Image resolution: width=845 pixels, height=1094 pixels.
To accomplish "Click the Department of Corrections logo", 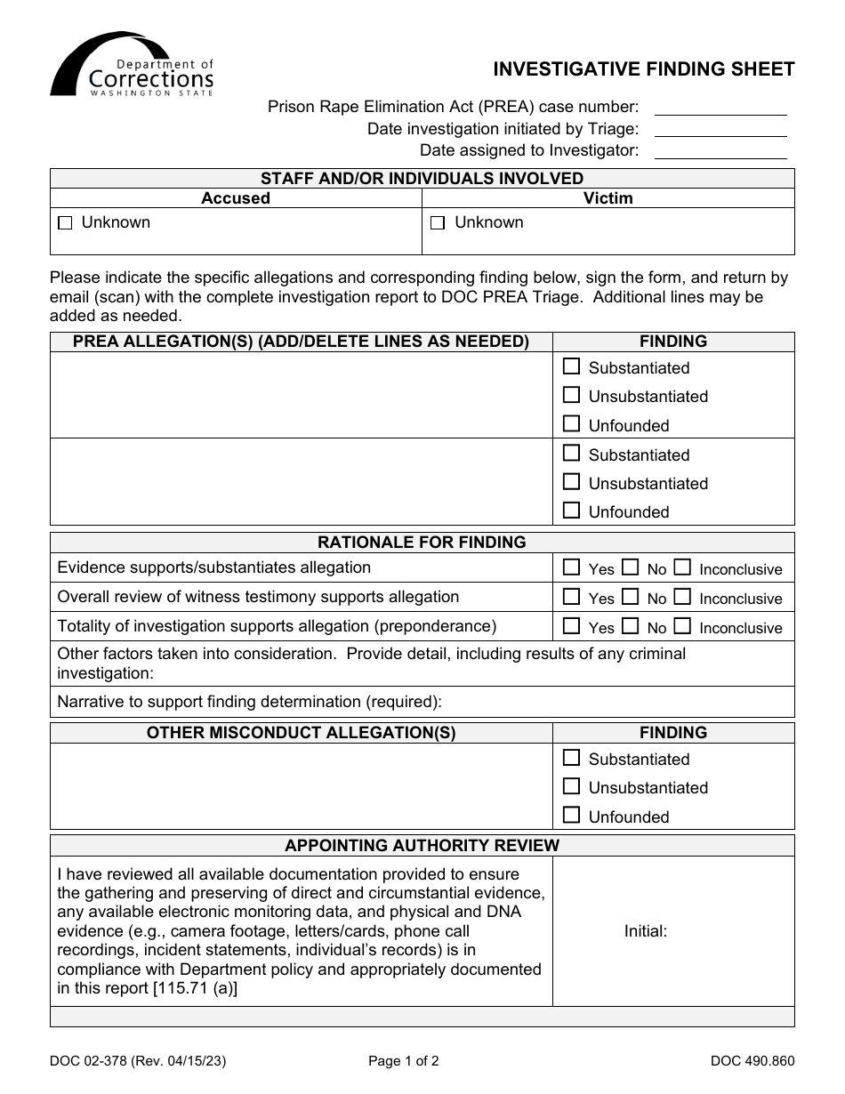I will tap(132, 65).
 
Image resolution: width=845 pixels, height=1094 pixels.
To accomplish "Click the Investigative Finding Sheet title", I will tap(644, 69).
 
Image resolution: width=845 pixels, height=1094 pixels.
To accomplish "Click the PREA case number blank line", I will tap(720, 109).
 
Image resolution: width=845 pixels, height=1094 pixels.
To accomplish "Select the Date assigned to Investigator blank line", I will tap(720, 152).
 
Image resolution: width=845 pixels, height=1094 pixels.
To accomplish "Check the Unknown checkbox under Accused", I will tap(64, 224).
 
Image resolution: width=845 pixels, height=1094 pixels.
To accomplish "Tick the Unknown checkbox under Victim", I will tap(438, 224).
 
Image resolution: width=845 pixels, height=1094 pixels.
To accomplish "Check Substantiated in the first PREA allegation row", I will tap(572, 366).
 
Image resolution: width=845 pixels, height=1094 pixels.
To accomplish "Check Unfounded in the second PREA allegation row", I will tap(572, 511).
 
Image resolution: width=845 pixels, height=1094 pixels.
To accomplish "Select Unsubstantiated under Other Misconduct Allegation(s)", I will tap(572, 786).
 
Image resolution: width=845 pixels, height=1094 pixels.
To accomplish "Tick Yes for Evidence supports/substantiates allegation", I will tap(572, 567).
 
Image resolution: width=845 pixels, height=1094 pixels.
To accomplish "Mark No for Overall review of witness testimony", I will tap(630, 597).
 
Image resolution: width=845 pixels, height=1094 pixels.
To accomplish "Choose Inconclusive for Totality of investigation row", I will tap(682, 626).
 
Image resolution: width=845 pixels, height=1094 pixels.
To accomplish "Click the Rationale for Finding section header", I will tap(422, 542).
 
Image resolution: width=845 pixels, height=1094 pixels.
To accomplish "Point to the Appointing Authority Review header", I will tap(422, 845).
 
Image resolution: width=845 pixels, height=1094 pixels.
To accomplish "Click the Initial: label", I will tap(645, 931).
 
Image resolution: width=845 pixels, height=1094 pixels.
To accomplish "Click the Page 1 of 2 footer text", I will tap(404, 1060).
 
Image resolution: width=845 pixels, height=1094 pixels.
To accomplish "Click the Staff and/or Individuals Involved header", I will tap(422, 178).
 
